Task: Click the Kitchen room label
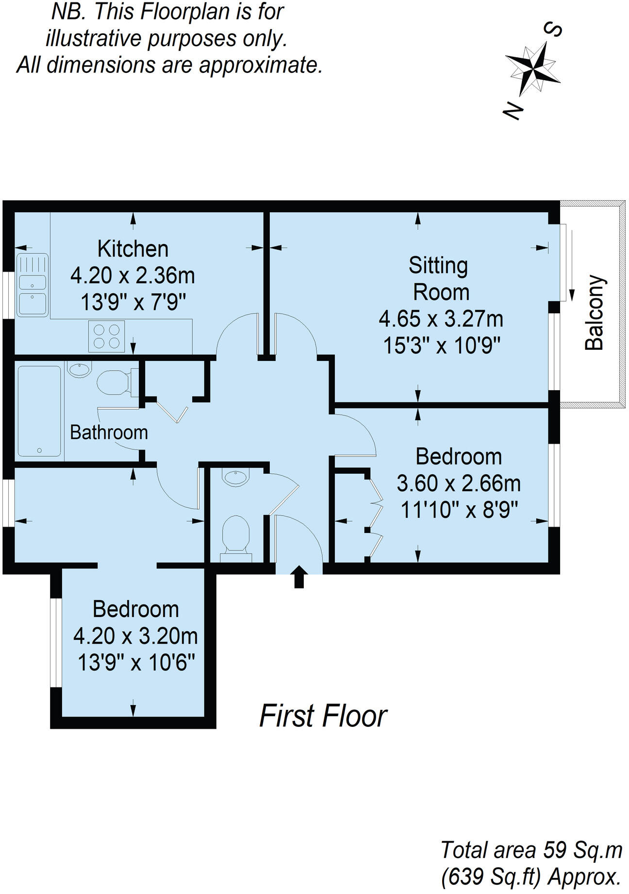[132, 249]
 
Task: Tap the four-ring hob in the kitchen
[106, 336]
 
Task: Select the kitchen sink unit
[33, 285]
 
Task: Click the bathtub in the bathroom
[39, 411]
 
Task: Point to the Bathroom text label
[109, 432]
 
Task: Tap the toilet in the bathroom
[115, 382]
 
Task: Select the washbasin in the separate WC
[235, 477]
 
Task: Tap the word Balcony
[595, 312]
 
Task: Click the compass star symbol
[533, 68]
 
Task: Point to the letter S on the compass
[554, 30]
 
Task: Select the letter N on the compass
[513, 110]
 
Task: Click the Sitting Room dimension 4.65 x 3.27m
[441, 319]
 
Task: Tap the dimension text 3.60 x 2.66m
[459, 483]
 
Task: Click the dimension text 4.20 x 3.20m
[135, 636]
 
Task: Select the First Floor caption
[323, 716]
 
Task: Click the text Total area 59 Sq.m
[531, 850]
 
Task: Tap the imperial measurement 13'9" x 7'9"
[133, 303]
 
